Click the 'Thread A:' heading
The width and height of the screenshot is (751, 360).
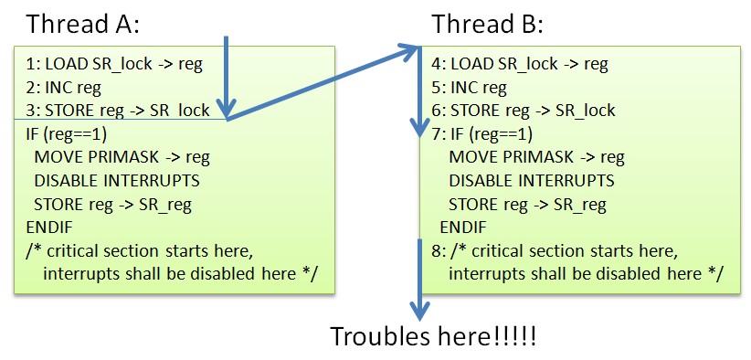(x=82, y=24)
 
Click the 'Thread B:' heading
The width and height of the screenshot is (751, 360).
(x=488, y=24)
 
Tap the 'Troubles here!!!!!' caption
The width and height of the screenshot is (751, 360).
(x=433, y=336)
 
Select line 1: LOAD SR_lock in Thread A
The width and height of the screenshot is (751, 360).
(x=114, y=65)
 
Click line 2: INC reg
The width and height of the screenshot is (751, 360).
(x=64, y=88)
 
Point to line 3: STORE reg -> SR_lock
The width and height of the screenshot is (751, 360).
(x=118, y=111)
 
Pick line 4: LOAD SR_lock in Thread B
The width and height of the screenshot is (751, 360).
(x=520, y=65)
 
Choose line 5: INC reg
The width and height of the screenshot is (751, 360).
(x=469, y=88)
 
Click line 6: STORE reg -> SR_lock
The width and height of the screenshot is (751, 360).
(x=524, y=111)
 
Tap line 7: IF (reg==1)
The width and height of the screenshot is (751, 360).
(x=481, y=134)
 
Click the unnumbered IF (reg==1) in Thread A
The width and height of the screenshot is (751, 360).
(x=66, y=134)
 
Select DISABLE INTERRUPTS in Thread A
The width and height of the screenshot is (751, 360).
(x=117, y=181)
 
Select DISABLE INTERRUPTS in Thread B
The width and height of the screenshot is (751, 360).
(x=532, y=181)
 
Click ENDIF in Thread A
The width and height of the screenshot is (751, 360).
(x=49, y=228)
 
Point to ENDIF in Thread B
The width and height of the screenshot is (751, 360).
(x=463, y=228)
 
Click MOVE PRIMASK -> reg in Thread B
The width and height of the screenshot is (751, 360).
(x=536, y=157)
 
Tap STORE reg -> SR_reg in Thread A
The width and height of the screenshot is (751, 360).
(x=112, y=205)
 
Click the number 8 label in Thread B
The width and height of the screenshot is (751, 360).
(x=438, y=251)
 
